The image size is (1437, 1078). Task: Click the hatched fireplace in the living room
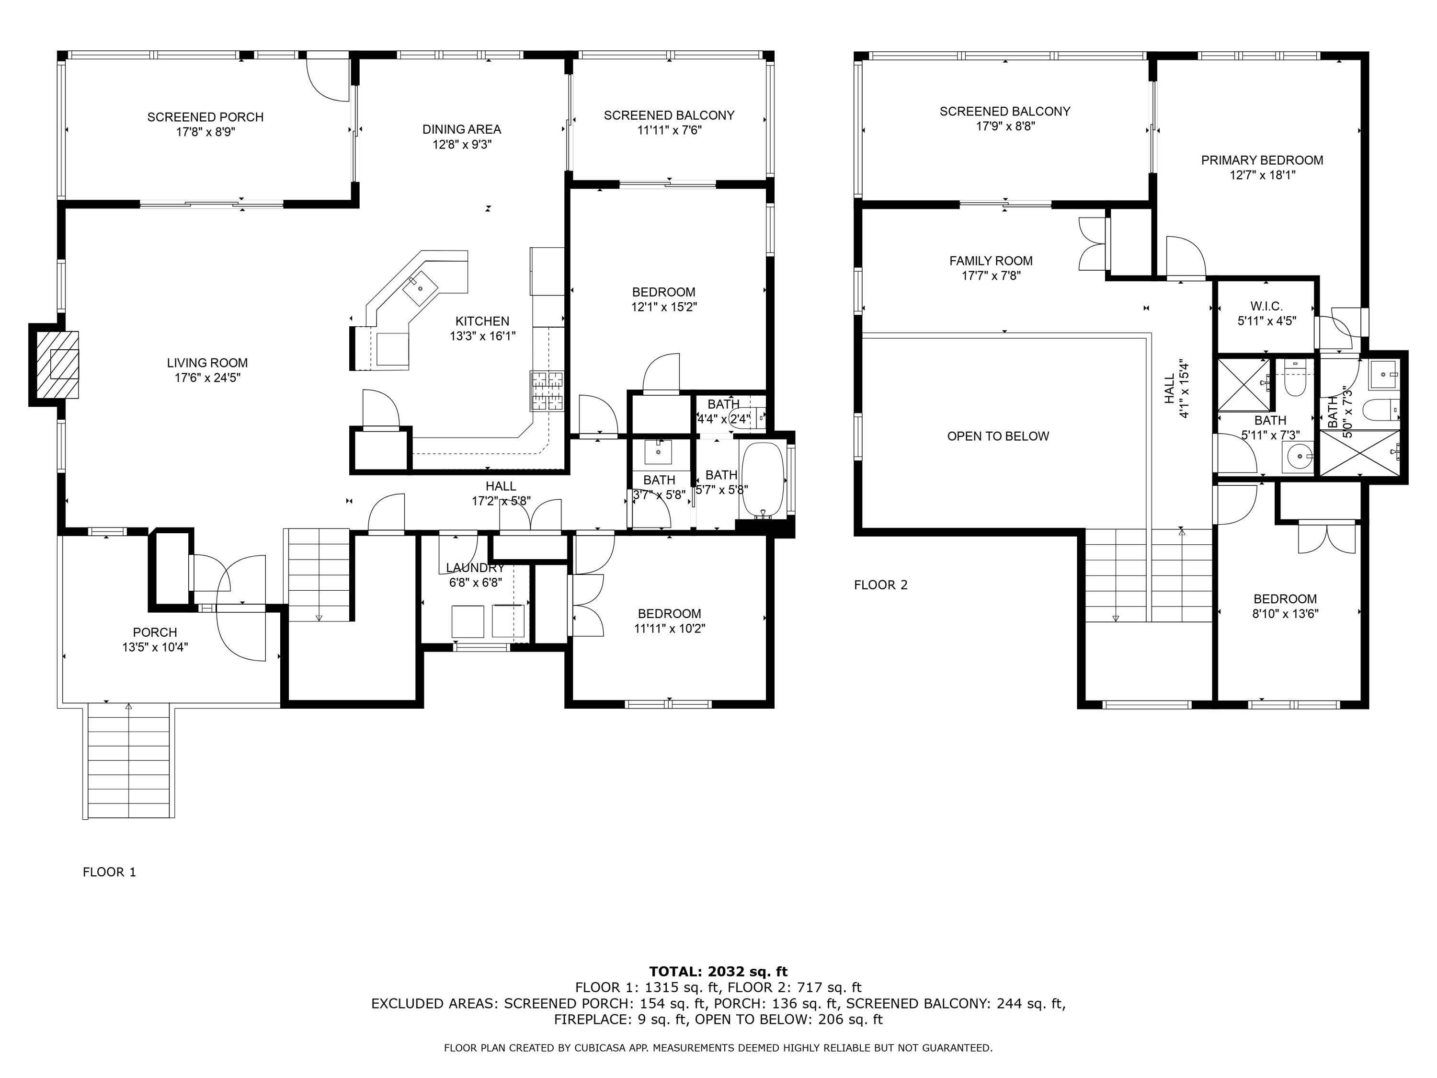(x=57, y=365)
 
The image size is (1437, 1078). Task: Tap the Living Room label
(x=207, y=363)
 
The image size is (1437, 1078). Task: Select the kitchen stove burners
(x=547, y=390)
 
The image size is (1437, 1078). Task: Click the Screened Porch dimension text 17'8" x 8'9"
(x=205, y=132)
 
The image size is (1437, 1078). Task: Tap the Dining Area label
(x=462, y=129)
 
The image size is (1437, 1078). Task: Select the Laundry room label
(x=476, y=568)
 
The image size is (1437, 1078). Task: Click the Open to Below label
(x=998, y=436)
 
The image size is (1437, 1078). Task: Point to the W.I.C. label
(x=1267, y=306)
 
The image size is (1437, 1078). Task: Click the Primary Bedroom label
(x=1262, y=160)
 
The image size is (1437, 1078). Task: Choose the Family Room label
(x=991, y=261)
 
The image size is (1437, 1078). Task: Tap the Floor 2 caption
(x=880, y=585)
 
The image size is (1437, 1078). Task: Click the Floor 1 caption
(x=109, y=872)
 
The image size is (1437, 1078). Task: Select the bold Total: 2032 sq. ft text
(x=718, y=972)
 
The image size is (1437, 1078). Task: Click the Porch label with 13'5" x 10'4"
(x=155, y=632)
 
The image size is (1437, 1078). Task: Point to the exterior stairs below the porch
(x=129, y=761)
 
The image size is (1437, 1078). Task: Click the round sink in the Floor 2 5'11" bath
(x=1299, y=457)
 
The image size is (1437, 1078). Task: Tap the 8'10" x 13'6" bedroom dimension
(x=1286, y=613)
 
